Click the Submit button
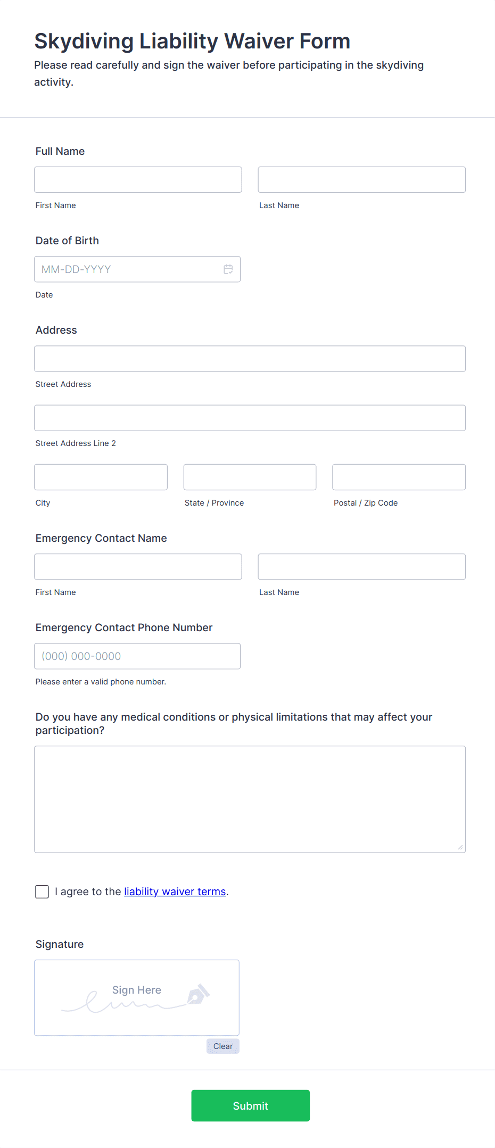[250, 1105]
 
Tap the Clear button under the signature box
[223, 1046]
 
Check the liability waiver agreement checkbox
[42, 891]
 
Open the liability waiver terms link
[175, 891]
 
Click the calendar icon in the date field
[228, 269]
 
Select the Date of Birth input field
[128, 269]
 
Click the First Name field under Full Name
[138, 180]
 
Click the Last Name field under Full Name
[361, 180]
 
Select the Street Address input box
[250, 359]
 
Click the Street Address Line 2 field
[250, 418]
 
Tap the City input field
[101, 477]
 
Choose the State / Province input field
[250, 477]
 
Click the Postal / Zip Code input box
[399, 477]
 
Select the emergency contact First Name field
[138, 567]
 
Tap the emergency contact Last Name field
[361, 567]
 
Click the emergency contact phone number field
[137, 656]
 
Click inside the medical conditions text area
[250, 799]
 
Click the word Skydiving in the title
[84, 42]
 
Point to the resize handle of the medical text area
[460, 847]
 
